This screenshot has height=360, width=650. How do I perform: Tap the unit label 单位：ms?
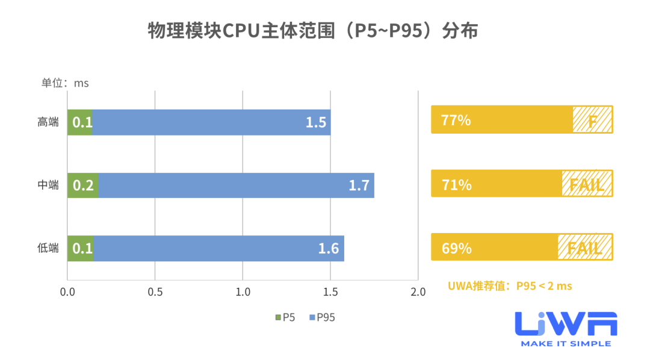pyautogui.click(x=64, y=83)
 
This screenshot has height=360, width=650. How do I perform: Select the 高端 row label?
pyautogui.click(x=48, y=122)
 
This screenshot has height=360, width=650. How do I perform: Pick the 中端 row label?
pyautogui.click(x=48, y=185)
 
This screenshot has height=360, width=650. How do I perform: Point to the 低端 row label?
pyautogui.click(x=48, y=248)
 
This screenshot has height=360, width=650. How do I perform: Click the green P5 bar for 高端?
pyautogui.click(x=80, y=122)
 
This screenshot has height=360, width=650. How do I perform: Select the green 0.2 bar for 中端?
pyautogui.click(x=82, y=185)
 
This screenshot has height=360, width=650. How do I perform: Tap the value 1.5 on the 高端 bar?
pyautogui.click(x=315, y=123)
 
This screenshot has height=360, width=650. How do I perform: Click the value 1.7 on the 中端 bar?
pyautogui.click(x=359, y=185)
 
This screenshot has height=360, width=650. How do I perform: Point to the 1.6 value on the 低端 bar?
pyautogui.click(x=329, y=248)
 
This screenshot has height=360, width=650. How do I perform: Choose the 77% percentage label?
pyautogui.click(x=456, y=120)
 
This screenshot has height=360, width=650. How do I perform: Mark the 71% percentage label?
pyautogui.click(x=456, y=184)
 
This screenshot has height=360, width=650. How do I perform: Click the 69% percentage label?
pyautogui.click(x=456, y=247)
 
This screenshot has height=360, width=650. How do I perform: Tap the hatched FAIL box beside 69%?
pyautogui.click(x=585, y=247)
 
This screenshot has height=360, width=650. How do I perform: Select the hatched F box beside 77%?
pyautogui.click(x=592, y=120)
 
